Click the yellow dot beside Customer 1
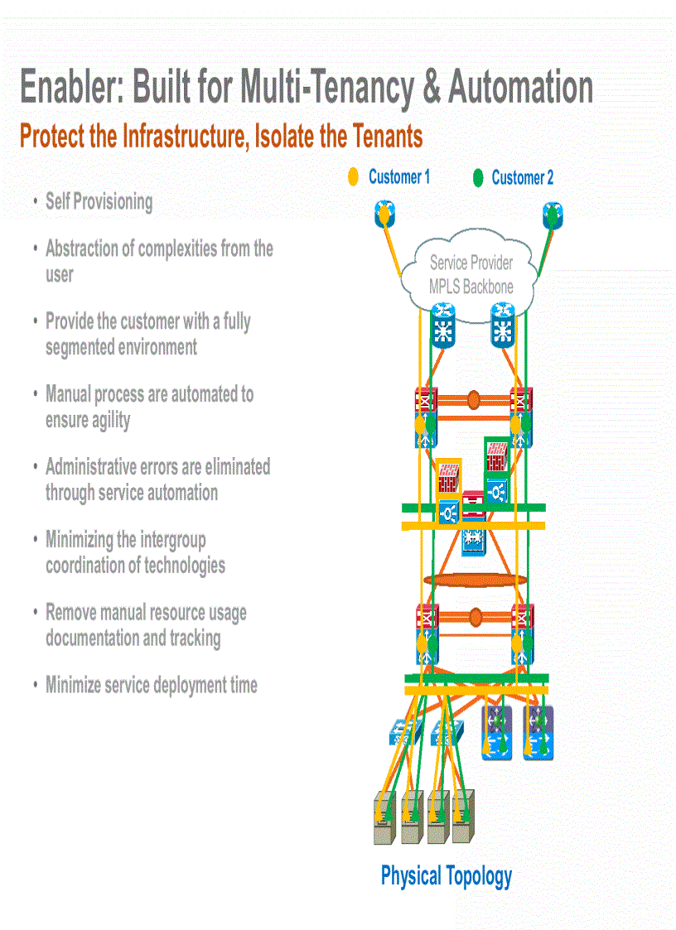[353, 176]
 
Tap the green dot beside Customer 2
[478, 178]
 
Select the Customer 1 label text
[398, 176]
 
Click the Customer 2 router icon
[553, 216]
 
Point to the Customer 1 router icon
[384, 216]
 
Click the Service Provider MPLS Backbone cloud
[471, 275]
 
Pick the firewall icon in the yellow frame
[448, 476]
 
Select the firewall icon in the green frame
[497, 455]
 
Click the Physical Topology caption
[446, 875]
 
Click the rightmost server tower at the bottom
[465, 817]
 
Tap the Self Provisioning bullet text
[99, 201]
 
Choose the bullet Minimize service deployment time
[151, 685]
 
